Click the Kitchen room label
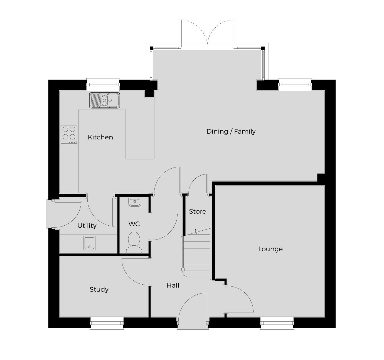pos(100,137)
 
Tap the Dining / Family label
pos(231,132)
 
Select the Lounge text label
pos(270,249)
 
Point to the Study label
pos(99,289)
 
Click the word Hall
pos(173,285)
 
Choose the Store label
pos(197,211)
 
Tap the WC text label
pos(134,224)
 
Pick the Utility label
pos(87,226)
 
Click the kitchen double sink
pos(105,100)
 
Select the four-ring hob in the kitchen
pos(69,134)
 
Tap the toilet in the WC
pos(134,242)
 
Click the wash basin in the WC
pos(135,202)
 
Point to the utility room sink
pos(89,243)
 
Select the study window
pos(107,323)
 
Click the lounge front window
pos(277,323)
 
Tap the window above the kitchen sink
pos(103,85)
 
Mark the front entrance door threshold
pos(193,326)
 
